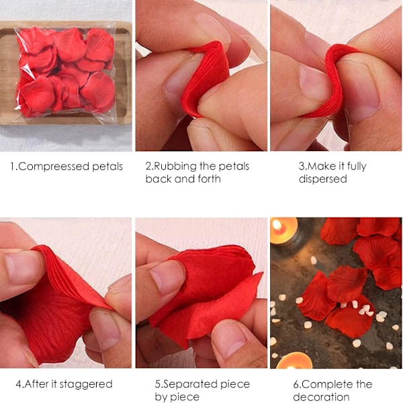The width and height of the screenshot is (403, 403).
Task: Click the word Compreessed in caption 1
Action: tap(54, 167)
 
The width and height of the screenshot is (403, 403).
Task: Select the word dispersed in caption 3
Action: tap(323, 179)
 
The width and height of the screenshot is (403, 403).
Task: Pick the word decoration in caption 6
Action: tap(321, 397)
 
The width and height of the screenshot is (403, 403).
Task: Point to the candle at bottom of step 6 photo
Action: tap(294, 361)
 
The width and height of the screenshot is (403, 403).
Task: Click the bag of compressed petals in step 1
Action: tap(66, 73)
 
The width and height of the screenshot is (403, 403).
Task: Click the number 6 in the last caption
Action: tap(296, 385)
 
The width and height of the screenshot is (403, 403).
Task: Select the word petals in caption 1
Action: tap(107, 167)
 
